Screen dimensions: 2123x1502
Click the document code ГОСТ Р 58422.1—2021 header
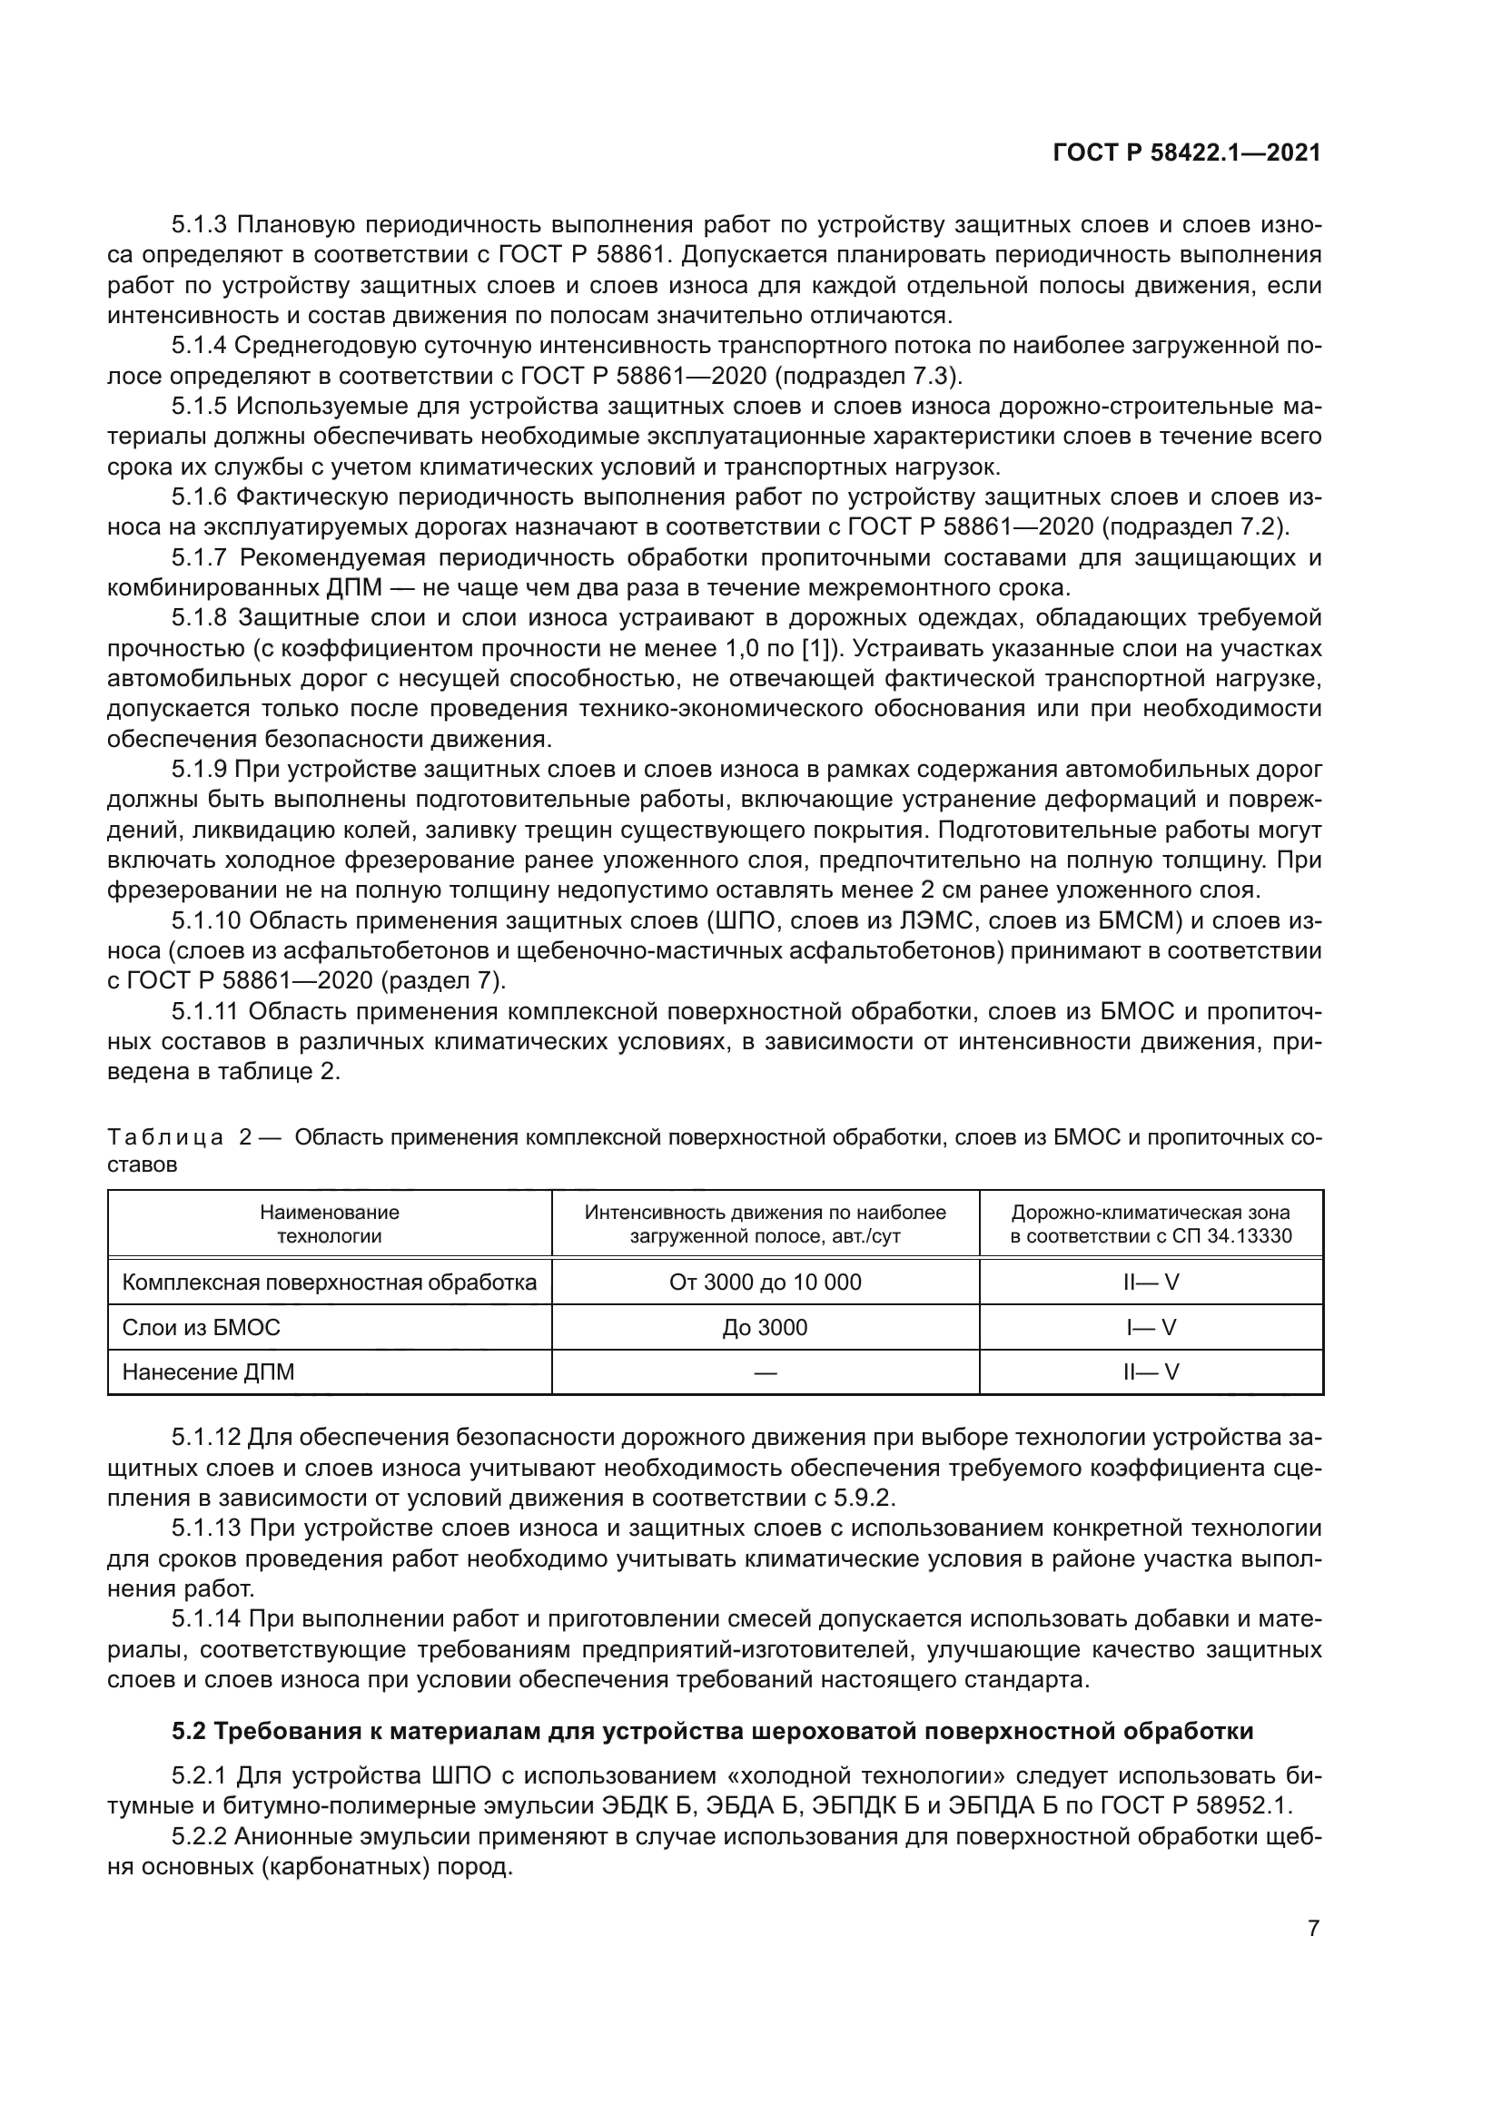pos(1187,153)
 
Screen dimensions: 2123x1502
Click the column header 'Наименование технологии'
pos(330,1224)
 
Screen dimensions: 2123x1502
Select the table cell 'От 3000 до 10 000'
pos(765,1283)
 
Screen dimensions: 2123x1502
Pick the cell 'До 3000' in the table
pos(765,1328)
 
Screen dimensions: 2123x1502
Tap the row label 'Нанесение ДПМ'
pos(208,1372)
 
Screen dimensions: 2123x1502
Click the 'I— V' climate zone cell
pos(1151,1328)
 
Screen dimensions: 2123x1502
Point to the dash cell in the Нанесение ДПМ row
pos(765,1372)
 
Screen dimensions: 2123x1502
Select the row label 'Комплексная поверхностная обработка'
pos(330,1283)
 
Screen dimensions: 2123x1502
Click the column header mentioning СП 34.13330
pos(1151,1224)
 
